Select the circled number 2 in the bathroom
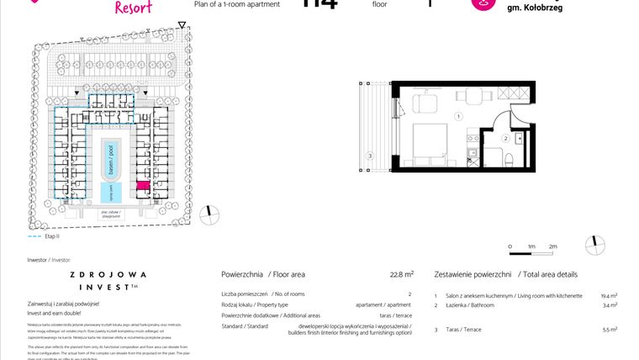click(x=504, y=138)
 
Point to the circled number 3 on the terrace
click(x=370, y=155)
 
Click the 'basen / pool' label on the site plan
click(x=110, y=156)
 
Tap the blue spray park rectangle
click(x=110, y=193)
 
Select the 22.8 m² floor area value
click(x=401, y=274)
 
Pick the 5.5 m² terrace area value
click(x=610, y=330)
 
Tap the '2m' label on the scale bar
click(x=552, y=246)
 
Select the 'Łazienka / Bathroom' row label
click(x=470, y=305)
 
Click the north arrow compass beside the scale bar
click(x=597, y=243)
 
